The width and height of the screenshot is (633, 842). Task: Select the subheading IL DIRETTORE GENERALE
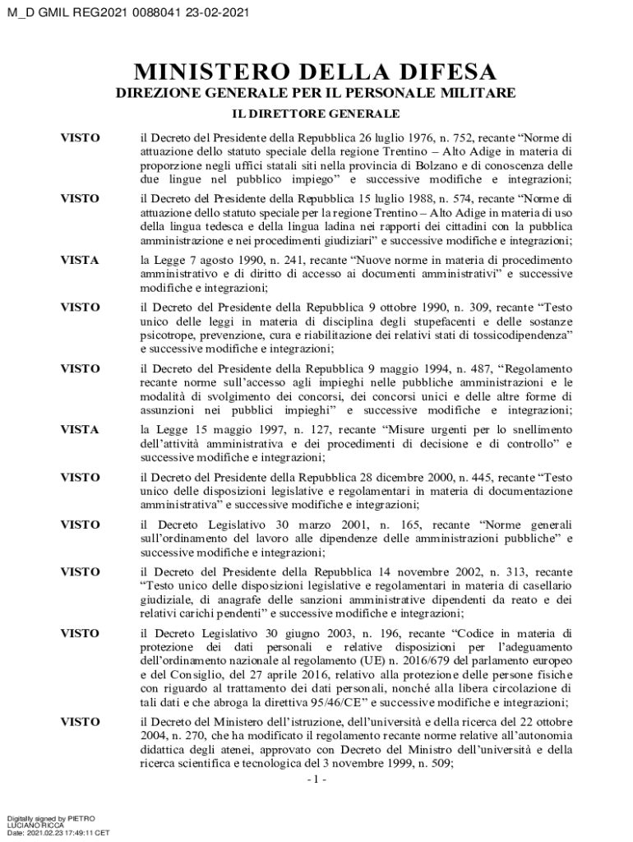coord(316,113)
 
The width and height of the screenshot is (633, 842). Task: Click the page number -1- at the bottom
coord(316,779)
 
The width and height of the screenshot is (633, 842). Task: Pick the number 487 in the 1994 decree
coord(463,368)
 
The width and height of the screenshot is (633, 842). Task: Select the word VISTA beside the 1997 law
coord(80,430)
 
